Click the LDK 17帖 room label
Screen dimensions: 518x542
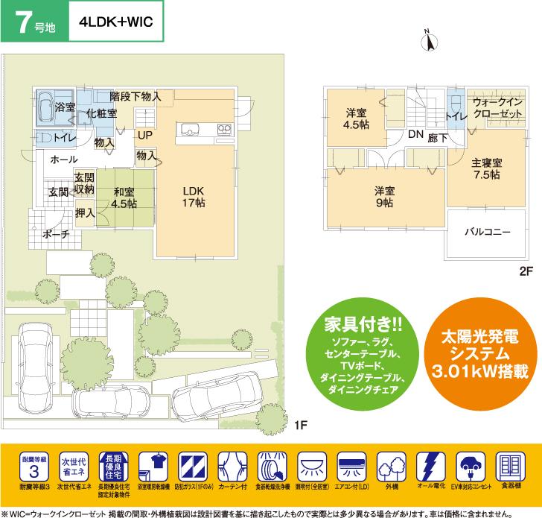pos(193,198)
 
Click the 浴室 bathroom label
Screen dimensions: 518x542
pos(66,107)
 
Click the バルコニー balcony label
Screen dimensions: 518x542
pos(488,232)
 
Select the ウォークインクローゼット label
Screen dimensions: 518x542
pos(497,109)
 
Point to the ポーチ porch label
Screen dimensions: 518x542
pos(57,234)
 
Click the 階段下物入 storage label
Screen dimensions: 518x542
pos(135,97)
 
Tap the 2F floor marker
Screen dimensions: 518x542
pos(527,273)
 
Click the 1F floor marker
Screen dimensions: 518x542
pos(299,426)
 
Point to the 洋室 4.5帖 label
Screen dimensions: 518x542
pos(355,119)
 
